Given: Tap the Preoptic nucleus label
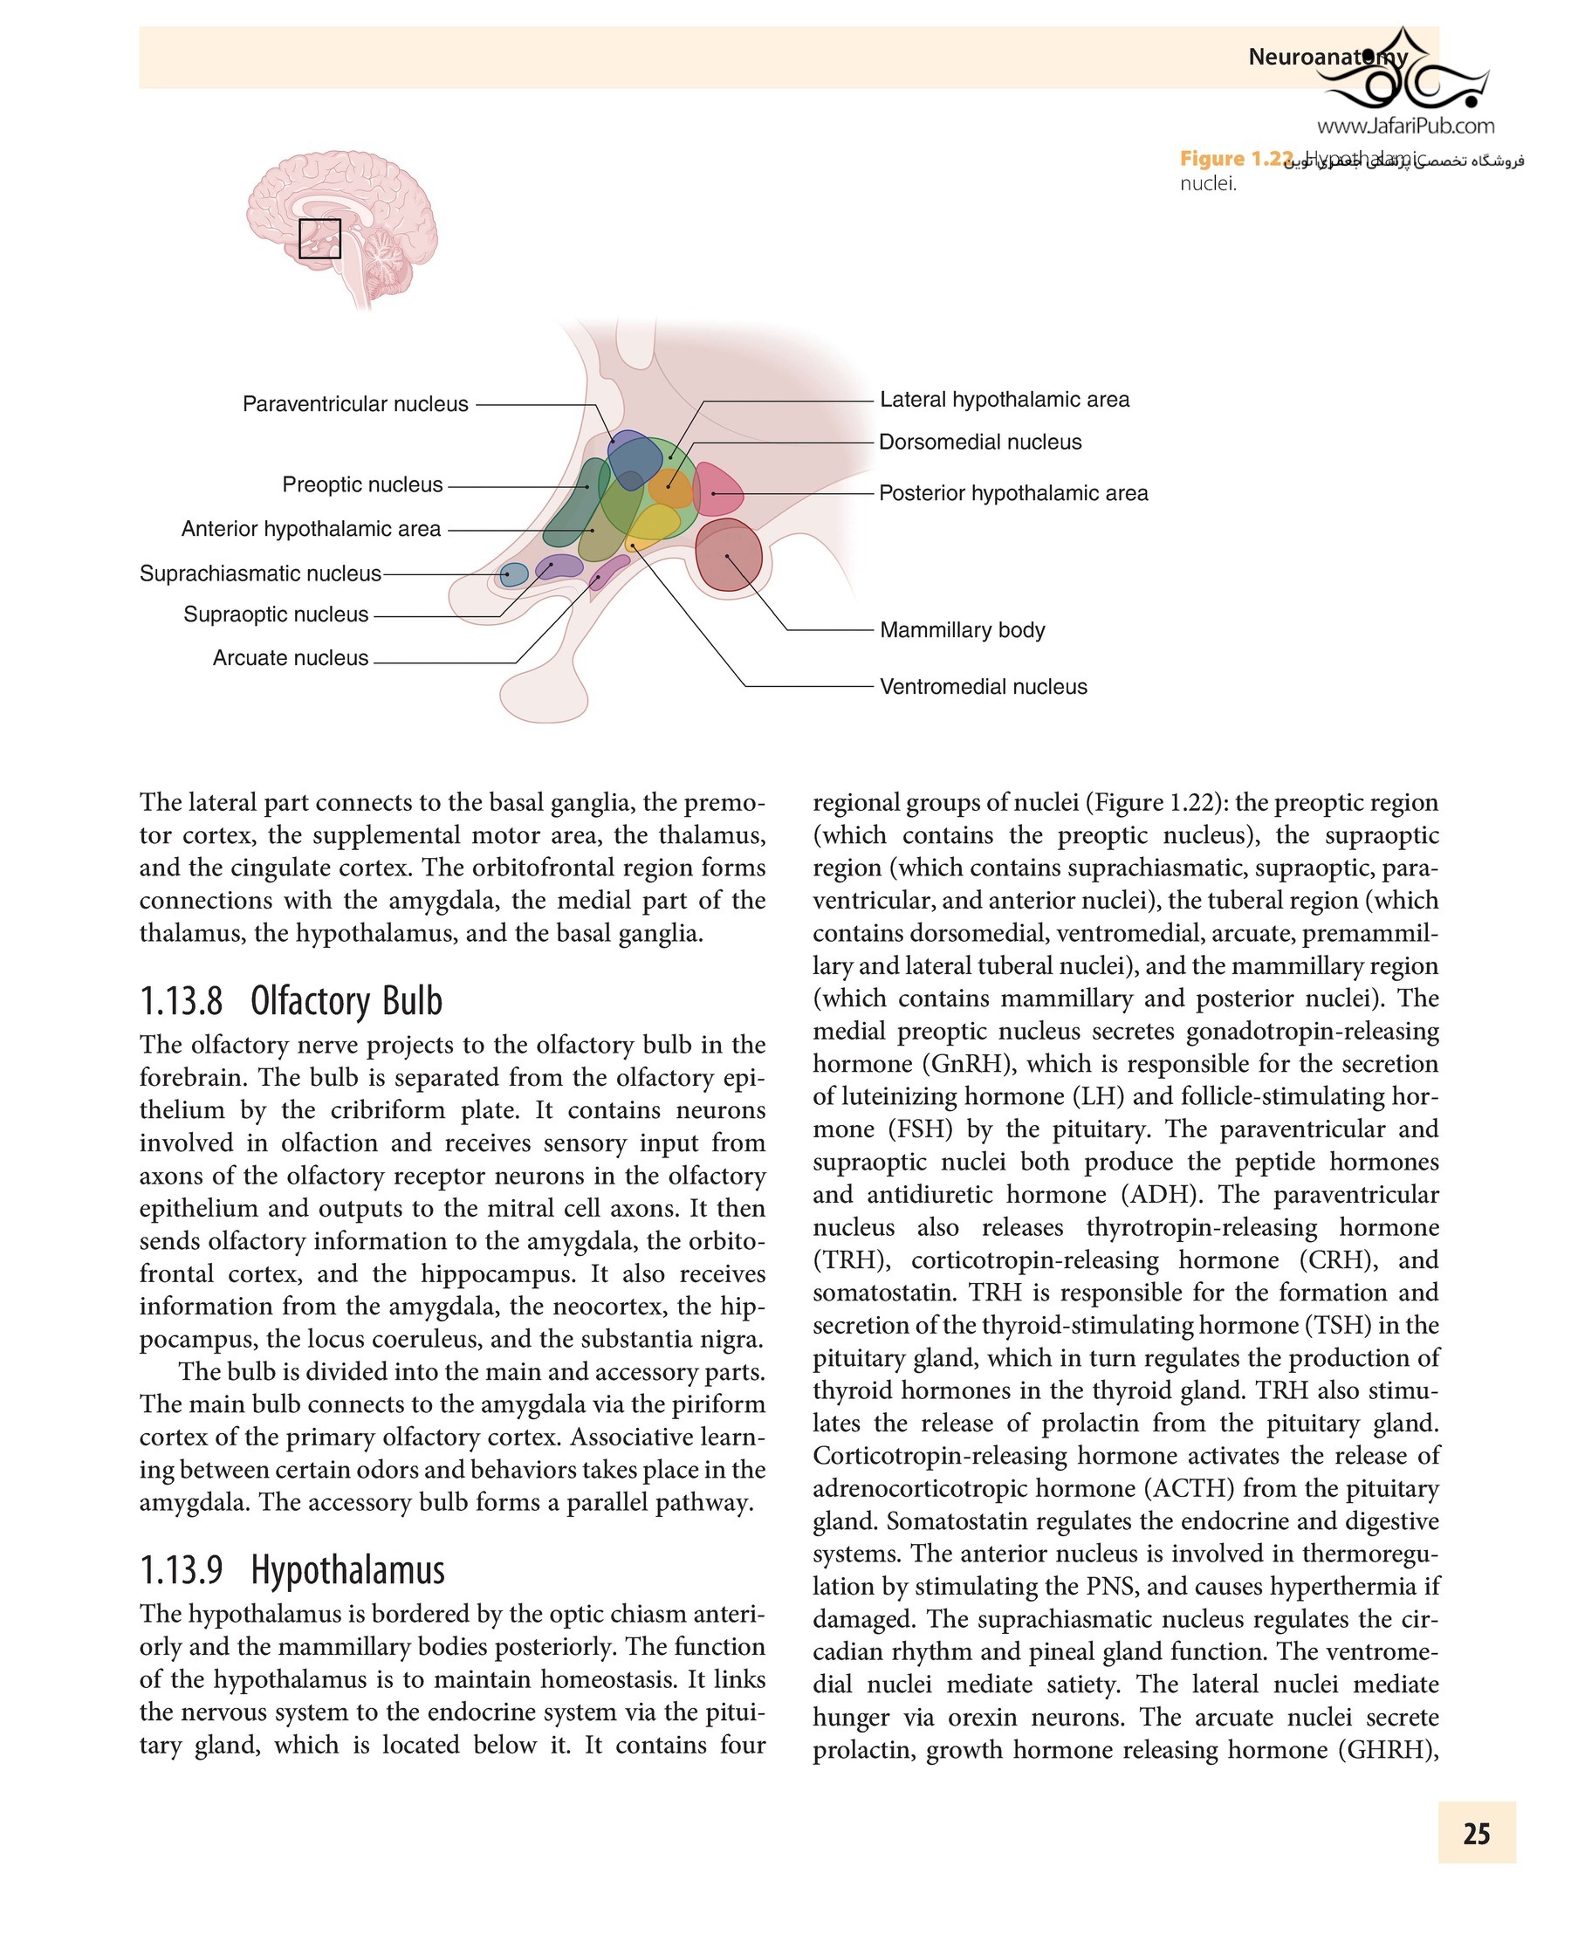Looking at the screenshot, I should [362, 484].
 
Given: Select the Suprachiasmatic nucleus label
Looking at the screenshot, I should [260, 573].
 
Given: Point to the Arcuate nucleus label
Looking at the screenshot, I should [290, 658].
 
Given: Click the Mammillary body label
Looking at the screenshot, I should [962, 630].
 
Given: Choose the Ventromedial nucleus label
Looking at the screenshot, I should [983, 687].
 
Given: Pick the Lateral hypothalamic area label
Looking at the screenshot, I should [1005, 399].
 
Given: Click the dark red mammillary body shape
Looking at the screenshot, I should [729, 554].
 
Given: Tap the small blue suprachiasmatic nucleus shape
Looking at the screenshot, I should [514, 573].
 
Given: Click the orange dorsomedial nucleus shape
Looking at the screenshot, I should [669, 489].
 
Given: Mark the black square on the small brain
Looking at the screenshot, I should [319, 239].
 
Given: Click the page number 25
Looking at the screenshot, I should [1476, 1834].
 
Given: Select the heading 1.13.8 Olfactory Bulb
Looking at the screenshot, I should [291, 1001].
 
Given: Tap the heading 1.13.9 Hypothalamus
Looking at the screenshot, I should [292, 1569].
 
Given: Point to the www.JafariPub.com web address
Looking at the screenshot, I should [1405, 126].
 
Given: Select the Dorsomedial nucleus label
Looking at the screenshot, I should [980, 442].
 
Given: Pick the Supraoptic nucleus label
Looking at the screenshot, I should [275, 614].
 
